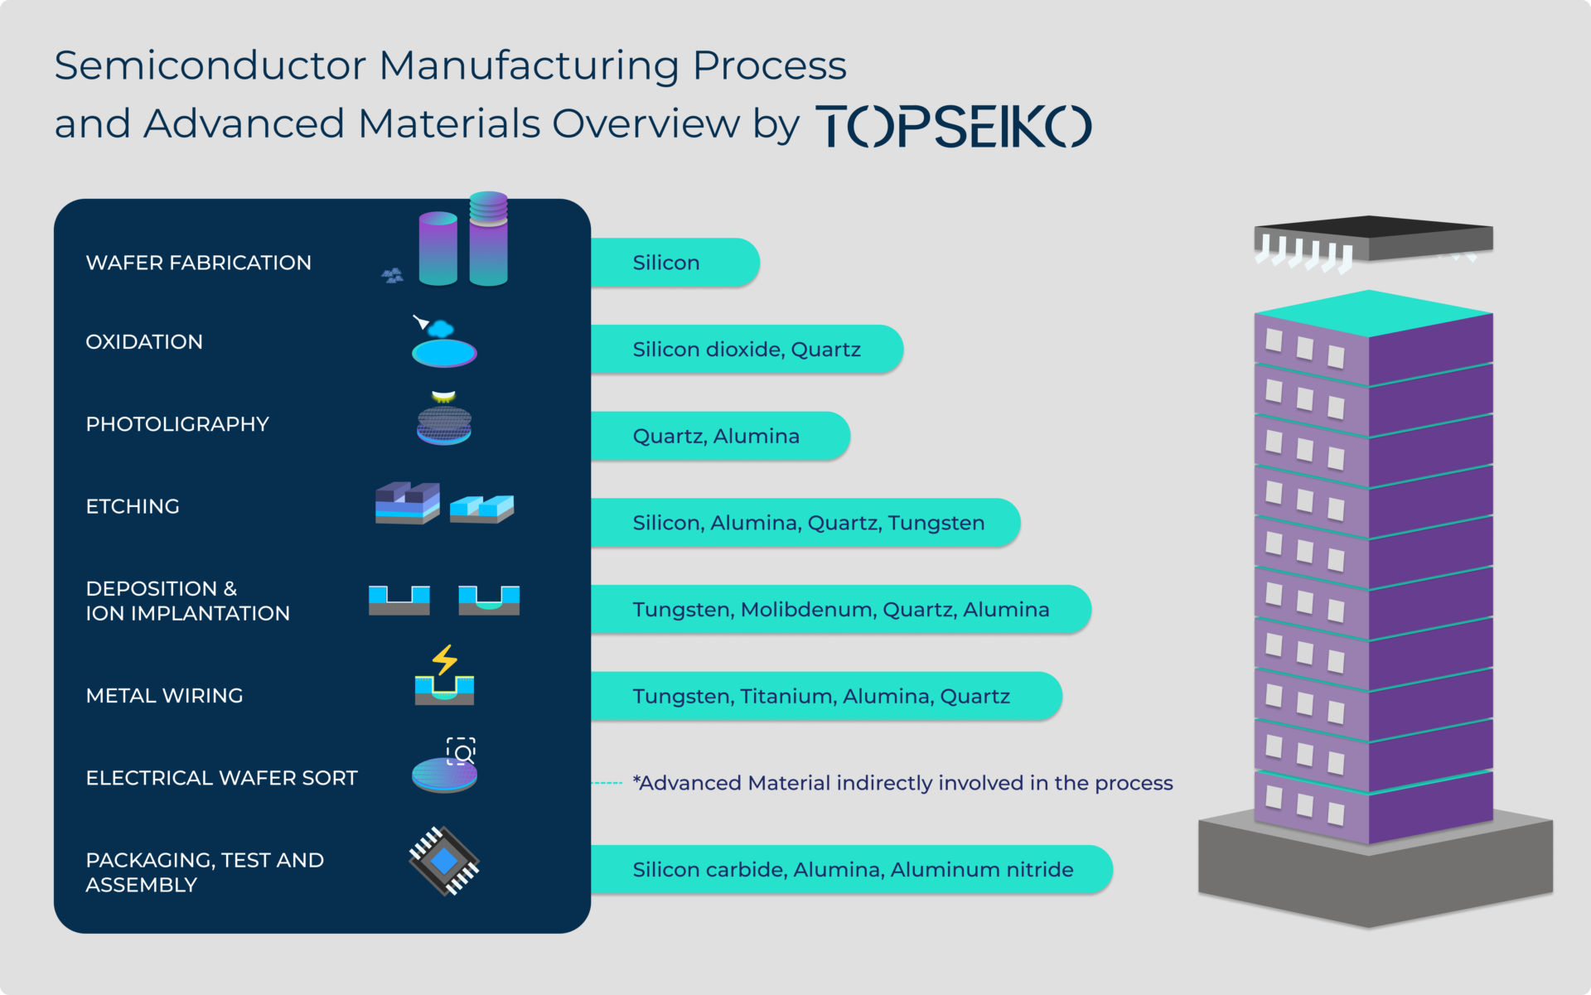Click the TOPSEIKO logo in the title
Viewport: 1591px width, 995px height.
coord(954,126)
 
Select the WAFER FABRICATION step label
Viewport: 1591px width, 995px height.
coord(199,263)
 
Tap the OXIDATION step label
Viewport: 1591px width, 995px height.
coord(144,342)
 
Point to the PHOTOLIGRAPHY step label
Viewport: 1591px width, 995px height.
coord(177,424)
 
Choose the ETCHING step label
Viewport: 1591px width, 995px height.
coord(133,506)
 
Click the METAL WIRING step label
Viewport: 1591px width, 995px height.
coord(164,696)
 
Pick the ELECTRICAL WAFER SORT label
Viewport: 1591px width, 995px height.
coord(221,778)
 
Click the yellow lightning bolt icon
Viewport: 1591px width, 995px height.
coord(445,659)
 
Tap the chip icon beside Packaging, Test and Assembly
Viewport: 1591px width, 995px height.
coord(444,861)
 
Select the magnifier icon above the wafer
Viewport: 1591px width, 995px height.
coord(462,751)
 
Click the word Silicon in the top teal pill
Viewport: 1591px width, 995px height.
coord(666,263)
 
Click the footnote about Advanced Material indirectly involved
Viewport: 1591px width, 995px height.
coord(902,783)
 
